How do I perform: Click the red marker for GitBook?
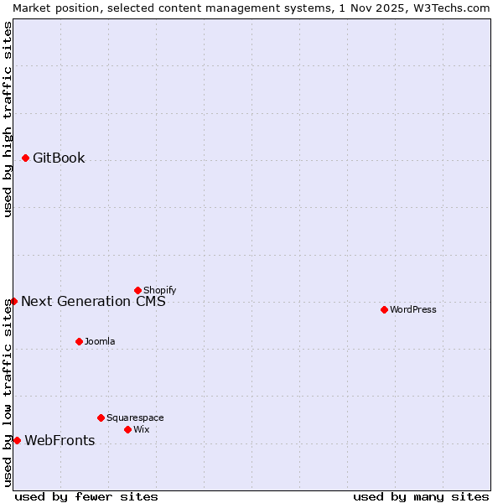pos(25,158)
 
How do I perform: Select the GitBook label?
pos(59,158)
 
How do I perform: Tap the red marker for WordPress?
pos(384,309)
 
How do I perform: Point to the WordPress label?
pos(413,310)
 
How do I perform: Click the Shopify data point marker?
pos(137,290)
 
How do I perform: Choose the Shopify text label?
pos(159,291)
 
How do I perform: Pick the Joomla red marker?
pos(79,341)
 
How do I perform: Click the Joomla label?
pos(100,342)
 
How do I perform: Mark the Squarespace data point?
pos(101,417)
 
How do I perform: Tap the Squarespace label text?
pos(135,418)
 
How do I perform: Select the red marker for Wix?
pos(127,429)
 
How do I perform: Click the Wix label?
pos(142,430)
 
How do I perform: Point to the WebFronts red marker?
pos(17,440)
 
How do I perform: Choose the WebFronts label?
pos(60,441)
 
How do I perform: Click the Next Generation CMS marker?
pos(13,301)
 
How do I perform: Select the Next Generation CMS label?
pos(93,302)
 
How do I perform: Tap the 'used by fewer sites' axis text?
pos(86,497)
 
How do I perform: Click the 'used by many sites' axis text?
pos(421,497)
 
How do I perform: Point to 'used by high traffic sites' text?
pos(8,119)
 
